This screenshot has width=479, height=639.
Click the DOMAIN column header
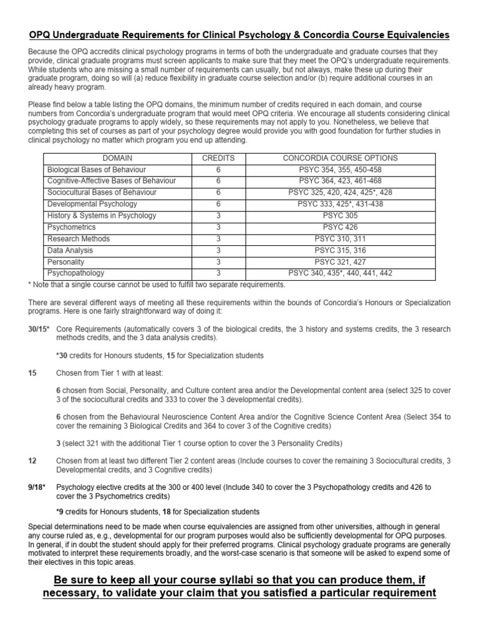(117, 158)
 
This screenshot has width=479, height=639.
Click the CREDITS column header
(218, 158)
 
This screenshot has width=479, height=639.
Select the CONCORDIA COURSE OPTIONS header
(340, 158)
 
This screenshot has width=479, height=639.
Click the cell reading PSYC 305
(340, 215)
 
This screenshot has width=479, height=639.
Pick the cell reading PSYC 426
(340, 227)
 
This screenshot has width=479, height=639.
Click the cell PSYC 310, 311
(340, 238)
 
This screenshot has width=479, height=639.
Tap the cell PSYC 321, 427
(340, 261)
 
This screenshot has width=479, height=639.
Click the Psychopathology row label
(76, 273)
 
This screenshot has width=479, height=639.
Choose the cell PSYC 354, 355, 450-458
(340, 170)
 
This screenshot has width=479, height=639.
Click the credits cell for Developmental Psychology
(218, 204)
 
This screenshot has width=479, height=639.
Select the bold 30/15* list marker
(39, 328)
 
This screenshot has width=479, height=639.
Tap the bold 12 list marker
(32, 461)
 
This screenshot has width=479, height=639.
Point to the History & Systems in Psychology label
(102, 215)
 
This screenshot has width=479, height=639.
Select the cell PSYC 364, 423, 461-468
(340, 181)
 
